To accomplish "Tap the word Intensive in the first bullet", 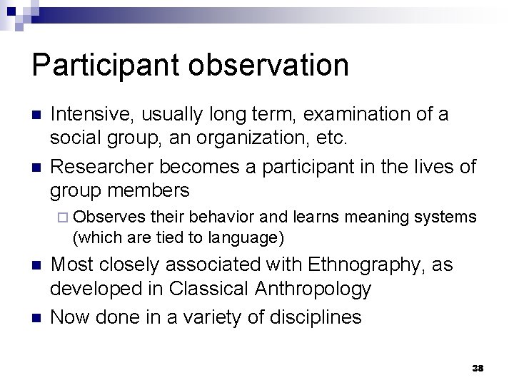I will [93, 113].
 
